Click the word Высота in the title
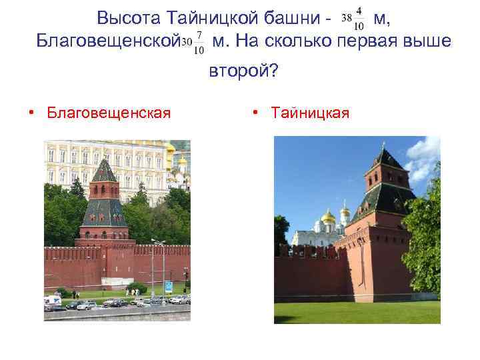tap(127, 18)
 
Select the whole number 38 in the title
tap(347, 19)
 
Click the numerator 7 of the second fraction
tap(199, 35)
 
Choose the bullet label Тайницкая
tap(310, 113)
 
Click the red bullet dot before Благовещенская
tap(31, 113)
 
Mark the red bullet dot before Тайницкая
tap(257, 113)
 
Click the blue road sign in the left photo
tap(168, 287)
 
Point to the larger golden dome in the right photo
tap(327, 216)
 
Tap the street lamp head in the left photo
tap(158, 241)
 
